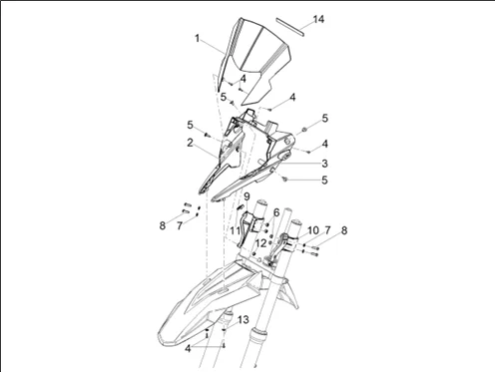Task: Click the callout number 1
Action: pyautogui.click(x=198, y=39)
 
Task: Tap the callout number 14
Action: pyautogui.click(x=318, y=19)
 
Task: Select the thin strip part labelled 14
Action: pyautogui.click(x=289, y=27)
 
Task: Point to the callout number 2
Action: pyautogui.click(x=190, y=143)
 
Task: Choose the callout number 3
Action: pyautogui.click(x=324, y=164)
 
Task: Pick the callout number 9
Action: pyautogui.click(x=247, y=196)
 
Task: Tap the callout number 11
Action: pyautogui.click(x=236, y=230)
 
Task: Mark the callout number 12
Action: pyautogui.click(x=261, y=243)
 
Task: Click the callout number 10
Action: pyautogui.click(x=313, y=230)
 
